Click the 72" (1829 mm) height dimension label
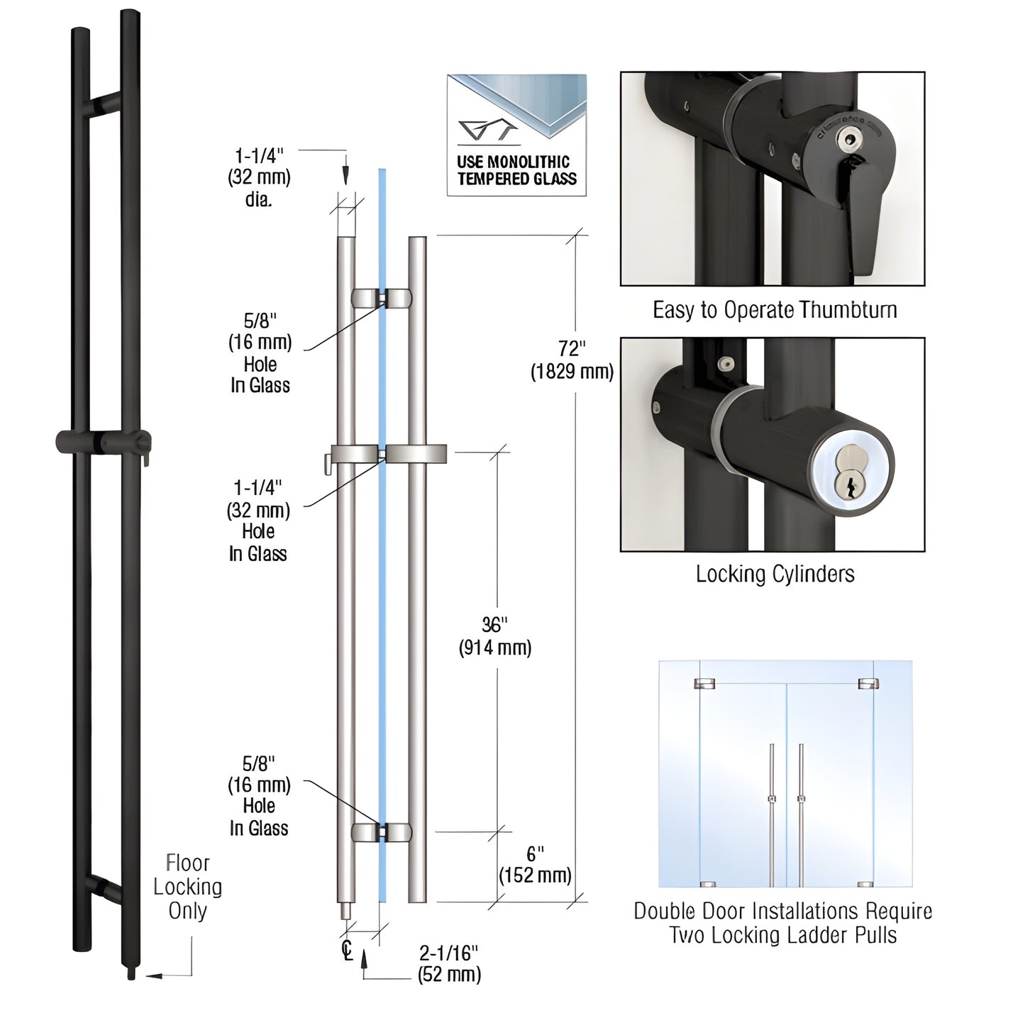(572, 360)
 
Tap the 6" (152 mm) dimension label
(534, 864)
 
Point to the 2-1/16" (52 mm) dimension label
(449, 963)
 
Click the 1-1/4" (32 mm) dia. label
(259, 177)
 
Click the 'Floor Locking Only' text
(187, 887)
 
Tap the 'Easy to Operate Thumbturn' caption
(775, 310)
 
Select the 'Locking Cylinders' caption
(775, 573)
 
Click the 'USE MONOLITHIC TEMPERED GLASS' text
(517, 171)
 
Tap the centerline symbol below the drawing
(347, 949)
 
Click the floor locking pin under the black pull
(131, 974)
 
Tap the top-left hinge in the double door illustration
(704, 684)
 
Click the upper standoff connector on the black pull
(104, 105)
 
